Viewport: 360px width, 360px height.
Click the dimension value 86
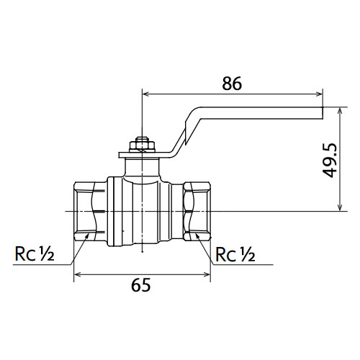[232, 84]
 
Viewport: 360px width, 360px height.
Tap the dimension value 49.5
[330, 161]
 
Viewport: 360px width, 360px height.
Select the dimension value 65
[141, 285]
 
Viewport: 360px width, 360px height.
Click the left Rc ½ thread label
[35, 254]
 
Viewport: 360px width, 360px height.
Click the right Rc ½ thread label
[235, 254]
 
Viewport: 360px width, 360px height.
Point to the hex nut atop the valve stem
[142, 146]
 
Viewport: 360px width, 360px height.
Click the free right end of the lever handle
[322, 113]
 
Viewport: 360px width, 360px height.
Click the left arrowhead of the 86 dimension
[145, 94]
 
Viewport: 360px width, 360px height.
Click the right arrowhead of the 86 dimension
[320, 94]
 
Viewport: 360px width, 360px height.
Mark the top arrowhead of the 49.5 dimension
[340, 111]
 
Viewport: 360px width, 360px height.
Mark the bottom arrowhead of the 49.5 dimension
[340, 208]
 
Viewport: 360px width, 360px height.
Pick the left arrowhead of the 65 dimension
[76, 274]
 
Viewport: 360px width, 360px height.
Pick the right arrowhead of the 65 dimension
[207, 274]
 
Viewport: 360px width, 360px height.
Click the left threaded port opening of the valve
[90, 212]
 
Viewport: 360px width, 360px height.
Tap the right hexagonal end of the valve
[197, 212]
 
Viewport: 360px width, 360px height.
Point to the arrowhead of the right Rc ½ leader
[197, 235]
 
